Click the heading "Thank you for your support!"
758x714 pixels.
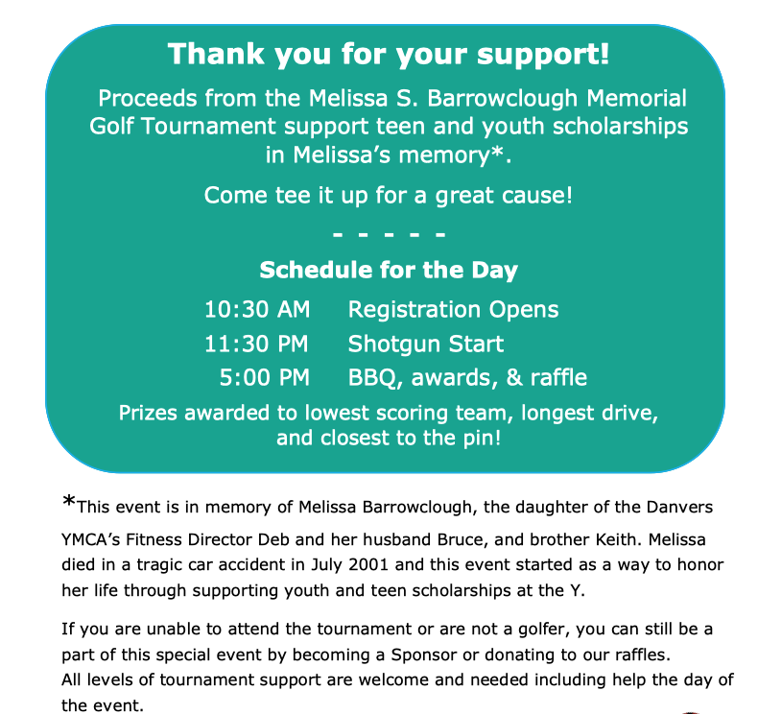pos(389,53)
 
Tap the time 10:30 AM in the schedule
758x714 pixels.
pos(257,310)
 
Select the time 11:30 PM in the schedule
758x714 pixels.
pos(257,344)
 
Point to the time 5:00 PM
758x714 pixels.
pos(265,377)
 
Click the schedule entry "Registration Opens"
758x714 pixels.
pos(453,310)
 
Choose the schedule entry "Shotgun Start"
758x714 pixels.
pos(425,344)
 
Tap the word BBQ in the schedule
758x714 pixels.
pos(374,377)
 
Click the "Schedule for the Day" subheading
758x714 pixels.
pos(389,270)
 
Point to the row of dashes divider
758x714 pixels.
pos(389,233)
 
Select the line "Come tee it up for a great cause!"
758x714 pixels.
pos(389,196)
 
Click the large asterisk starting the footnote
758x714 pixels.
pos(69,503)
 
